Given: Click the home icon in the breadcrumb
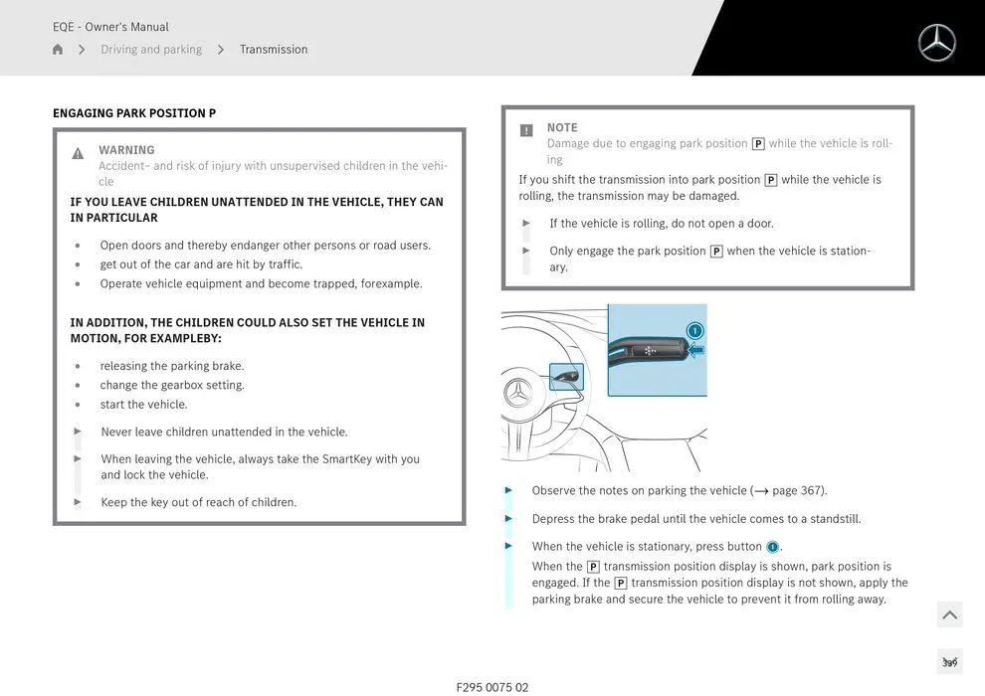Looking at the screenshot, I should click(x=58, y=50).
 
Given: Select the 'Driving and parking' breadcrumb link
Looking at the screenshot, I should click(x=151, y=50).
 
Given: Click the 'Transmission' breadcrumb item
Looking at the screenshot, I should click(x=274, y=50).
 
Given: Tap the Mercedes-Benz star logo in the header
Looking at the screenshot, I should click(x=936, y=43).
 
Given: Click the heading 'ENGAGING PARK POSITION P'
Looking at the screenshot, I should click(x=134, y=113).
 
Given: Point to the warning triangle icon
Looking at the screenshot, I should click(x=78, y=153).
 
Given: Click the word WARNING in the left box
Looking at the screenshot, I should click(x=126, y=150).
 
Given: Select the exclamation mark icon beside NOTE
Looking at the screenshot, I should click(x=526, y=130).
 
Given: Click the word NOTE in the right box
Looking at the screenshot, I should click(x=562, y=127).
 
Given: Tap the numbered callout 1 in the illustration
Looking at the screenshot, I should click(x=694, y=330).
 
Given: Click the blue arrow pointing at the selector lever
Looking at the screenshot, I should click(x=695, y=350).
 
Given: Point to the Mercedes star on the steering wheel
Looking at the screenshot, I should click(x=518, y=393).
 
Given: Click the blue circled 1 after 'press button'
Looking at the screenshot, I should click(x=772, y=547).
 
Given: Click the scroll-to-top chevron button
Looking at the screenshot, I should click(x=949, y=614).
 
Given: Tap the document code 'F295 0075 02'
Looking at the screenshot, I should click(x=492, y=687).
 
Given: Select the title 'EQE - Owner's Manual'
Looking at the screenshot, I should click(x=110, y=27).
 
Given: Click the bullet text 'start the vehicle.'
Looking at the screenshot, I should click(x=143, y=405).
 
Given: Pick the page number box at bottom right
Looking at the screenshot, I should click(x=949, y=662).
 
